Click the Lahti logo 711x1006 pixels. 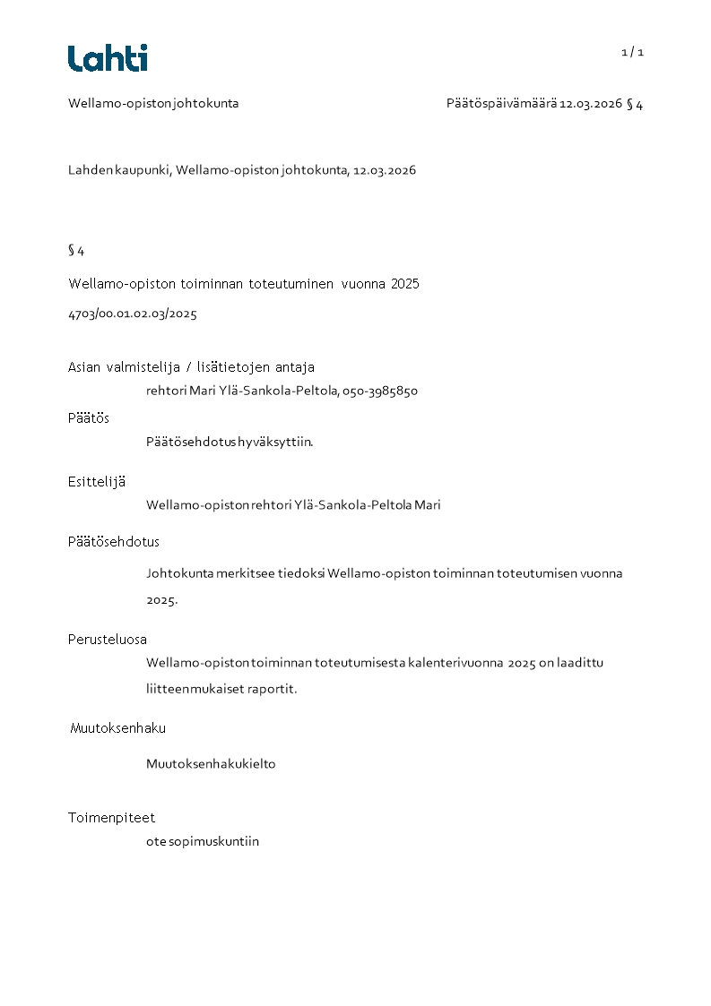108,58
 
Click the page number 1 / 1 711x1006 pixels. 632,52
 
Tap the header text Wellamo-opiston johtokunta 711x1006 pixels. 153,103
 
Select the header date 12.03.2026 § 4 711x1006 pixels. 601,103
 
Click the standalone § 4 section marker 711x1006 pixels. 76,250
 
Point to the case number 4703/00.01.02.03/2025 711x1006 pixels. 133,314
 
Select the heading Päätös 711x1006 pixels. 89,417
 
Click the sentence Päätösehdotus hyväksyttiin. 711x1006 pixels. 230,442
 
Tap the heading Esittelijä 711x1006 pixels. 97,481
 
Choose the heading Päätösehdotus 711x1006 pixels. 114,541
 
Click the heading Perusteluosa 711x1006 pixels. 108,639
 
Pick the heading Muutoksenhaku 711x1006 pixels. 117,727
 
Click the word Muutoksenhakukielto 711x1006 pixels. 211,764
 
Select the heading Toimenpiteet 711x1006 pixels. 112,817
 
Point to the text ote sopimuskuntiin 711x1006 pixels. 203,841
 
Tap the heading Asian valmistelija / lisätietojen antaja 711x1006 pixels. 191,366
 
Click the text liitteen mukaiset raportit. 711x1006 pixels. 221,689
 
